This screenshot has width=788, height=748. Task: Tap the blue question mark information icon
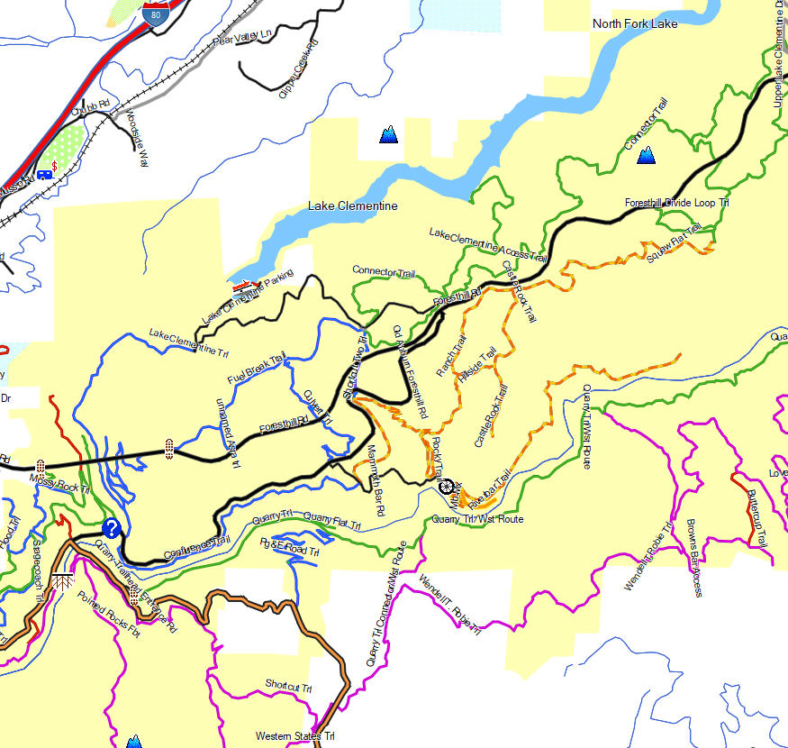coord(112,528)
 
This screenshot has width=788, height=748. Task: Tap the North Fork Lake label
coord(635,23)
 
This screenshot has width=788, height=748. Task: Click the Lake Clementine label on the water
coord(352,206)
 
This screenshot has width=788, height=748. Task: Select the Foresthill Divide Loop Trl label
coord(676,204)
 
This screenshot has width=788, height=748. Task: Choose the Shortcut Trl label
coord(288,686)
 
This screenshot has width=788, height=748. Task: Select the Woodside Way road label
coord(137,139)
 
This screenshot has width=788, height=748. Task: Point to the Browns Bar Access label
coord(693,558)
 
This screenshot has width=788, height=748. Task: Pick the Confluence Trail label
coord(197,546)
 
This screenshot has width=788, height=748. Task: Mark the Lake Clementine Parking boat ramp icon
coord(240,287)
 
